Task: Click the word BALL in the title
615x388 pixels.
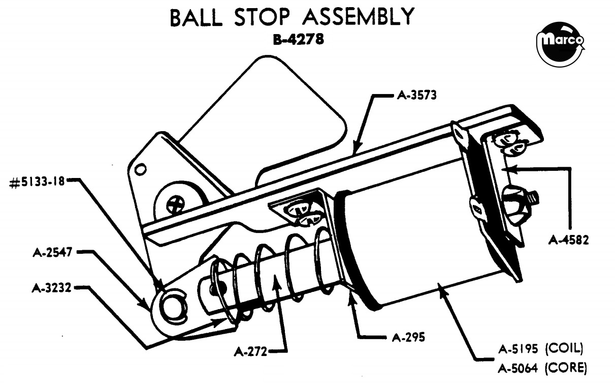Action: [196, 17]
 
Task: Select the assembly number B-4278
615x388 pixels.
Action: [299, 39]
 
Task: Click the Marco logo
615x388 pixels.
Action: [561, 44]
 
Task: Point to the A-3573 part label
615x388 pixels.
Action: [416, 95]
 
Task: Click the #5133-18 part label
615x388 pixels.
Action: [37, 182]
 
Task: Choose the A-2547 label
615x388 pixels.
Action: [52, 252]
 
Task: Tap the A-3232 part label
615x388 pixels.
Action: [51, 288]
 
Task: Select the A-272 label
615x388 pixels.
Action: [250, 351]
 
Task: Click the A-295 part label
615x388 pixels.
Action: [408, 337]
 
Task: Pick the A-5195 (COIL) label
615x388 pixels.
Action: [540, 349]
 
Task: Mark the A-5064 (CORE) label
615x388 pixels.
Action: [542, 368]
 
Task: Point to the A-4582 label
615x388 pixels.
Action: [569, 241]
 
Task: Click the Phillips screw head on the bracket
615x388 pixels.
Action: [176, 203]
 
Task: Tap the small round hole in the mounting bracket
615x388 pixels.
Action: [141, 169]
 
